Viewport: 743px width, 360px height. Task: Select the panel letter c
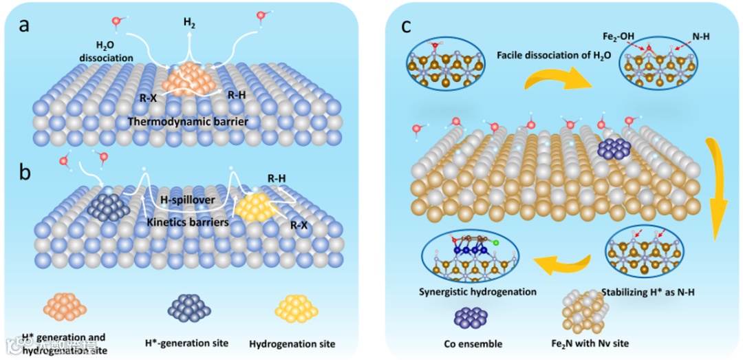tap(407, 26)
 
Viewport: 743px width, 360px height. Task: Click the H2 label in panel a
tap(189, 23)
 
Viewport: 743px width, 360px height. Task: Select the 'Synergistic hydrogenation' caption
tap(477, 291)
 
